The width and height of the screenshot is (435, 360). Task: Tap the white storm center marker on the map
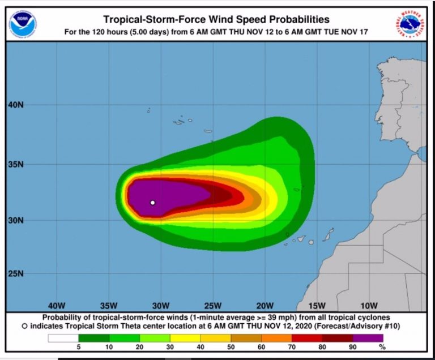pyautogui.click(x=152, y=202)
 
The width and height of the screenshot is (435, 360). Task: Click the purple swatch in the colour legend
pyautogui.click(x=368, y=338)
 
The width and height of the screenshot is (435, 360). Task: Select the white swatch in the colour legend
pyautogui.click(x=62, y=338)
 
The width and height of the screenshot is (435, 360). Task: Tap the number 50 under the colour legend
pyautogui.click(x=231, y=346)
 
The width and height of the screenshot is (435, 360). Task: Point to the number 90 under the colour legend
pyautogui.click(x=352, y=346)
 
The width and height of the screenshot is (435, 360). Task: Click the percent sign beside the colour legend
pyautogui.click(x=382, y=346)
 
